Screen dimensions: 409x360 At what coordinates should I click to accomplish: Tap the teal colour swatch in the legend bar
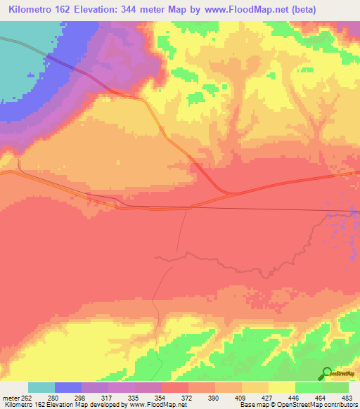tap(41, 387)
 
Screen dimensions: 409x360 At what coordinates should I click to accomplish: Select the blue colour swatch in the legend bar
tap(68, 387)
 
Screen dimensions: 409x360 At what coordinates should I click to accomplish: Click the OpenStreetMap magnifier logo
tap(326, 372)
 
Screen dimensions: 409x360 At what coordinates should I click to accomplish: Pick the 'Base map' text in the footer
tap(254, 405)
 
